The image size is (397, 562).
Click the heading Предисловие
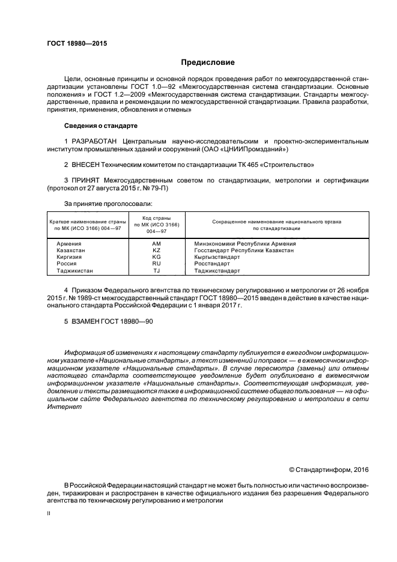coord(208,62)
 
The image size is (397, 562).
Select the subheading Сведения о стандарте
coord(101,126)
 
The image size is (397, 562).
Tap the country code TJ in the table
coord(156,271)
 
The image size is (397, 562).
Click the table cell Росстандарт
coord(212,264)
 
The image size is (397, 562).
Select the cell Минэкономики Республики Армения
coord(245,243)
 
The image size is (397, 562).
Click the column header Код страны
coord(156,218)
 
